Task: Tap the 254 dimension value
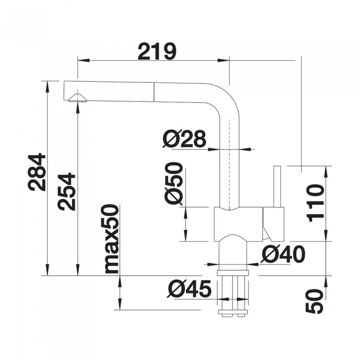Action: (x=67, y=192)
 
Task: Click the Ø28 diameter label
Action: (x=184, y=138)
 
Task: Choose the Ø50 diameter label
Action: (x=174, y=184)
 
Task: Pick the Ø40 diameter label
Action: (x=283, y=254)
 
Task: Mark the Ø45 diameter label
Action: (x=189, y=290)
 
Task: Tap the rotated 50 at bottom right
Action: (x=315, y=301)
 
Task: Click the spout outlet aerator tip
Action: (x=78, y=98)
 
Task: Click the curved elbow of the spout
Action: (x=227, y=98)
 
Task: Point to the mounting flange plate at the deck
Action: (x=234, y=273)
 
